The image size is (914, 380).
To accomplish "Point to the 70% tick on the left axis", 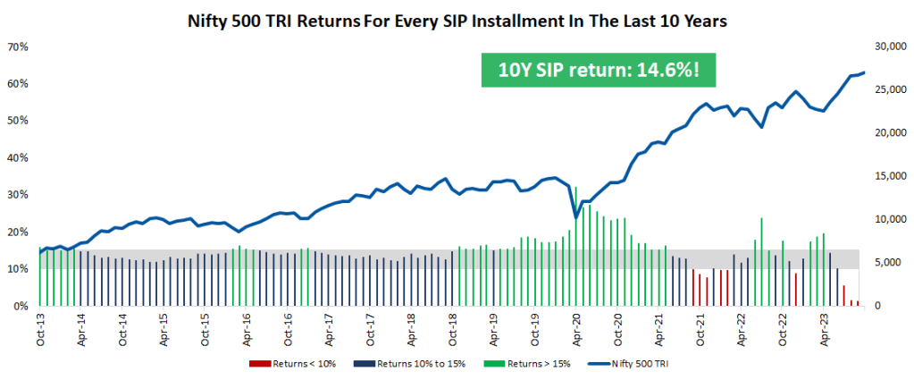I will (x=18, y=46).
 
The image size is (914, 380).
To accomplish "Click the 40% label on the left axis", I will (x=18, y=157).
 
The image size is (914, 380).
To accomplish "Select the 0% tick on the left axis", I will (x=21, y=306).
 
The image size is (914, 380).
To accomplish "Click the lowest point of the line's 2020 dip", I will (x=576, y=216).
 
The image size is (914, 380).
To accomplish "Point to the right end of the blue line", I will (x=864, y=72).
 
